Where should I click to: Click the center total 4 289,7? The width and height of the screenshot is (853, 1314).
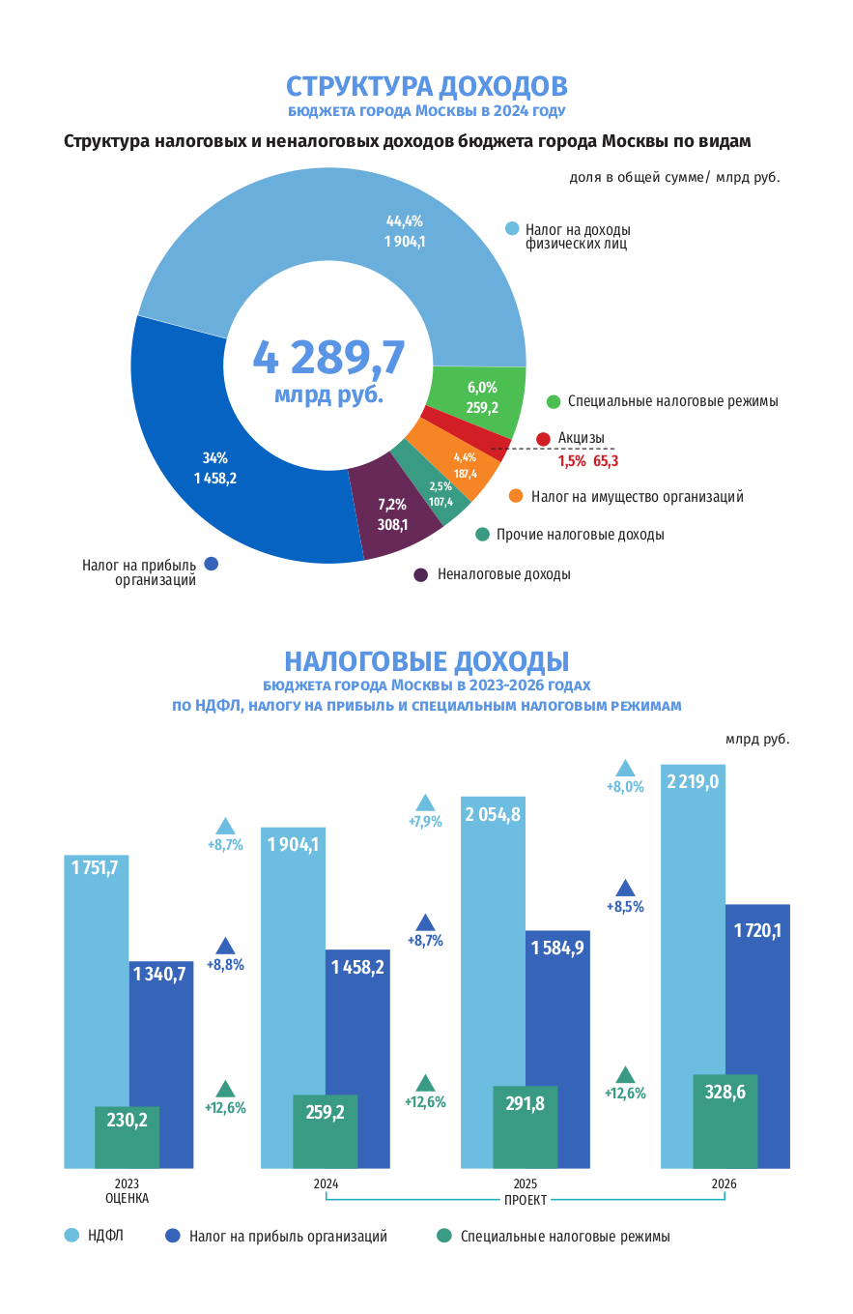tap(328, 358)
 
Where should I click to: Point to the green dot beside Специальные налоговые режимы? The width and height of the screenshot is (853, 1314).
tap(554, 401)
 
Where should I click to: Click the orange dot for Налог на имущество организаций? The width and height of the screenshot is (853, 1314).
tap(515, 496)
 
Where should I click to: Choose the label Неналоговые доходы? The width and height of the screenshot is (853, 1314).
tap(503, 574)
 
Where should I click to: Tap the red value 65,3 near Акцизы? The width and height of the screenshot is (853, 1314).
tap(606, 461)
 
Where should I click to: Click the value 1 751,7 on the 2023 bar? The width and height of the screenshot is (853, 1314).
tap(95, 867)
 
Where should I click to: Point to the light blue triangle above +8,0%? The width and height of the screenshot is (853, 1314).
tap(625, 768)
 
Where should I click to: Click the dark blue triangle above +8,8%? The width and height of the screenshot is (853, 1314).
tap(225, 946)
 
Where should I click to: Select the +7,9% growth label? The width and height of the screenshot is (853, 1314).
tap(425, 822)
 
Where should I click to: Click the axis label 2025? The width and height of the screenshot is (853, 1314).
tap(526, 1183)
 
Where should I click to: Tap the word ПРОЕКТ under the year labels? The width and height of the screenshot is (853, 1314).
tap(526, 1200)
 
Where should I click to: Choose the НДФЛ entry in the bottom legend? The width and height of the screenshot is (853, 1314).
tap(105, 1236)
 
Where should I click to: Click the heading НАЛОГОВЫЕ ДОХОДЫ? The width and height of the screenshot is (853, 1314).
tap(426, 661)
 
